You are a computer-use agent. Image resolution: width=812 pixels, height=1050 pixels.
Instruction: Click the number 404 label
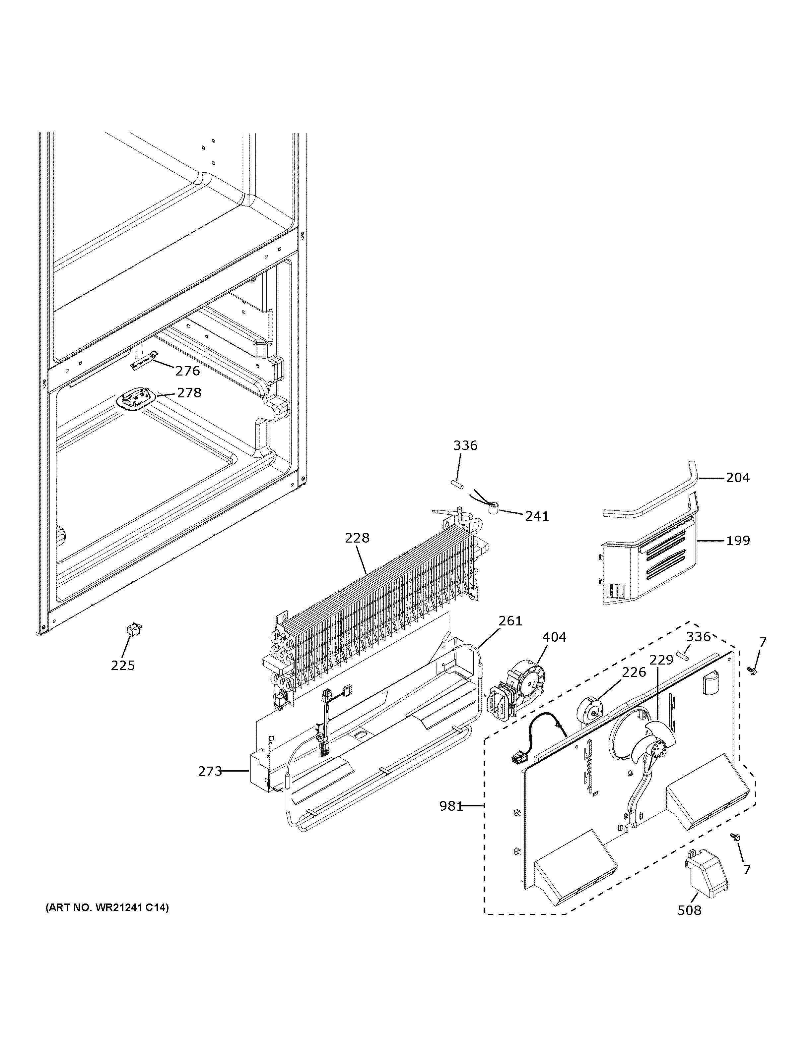click(x=554, y=637)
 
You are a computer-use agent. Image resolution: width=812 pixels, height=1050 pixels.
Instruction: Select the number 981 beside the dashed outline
click(x=451, y=806)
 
